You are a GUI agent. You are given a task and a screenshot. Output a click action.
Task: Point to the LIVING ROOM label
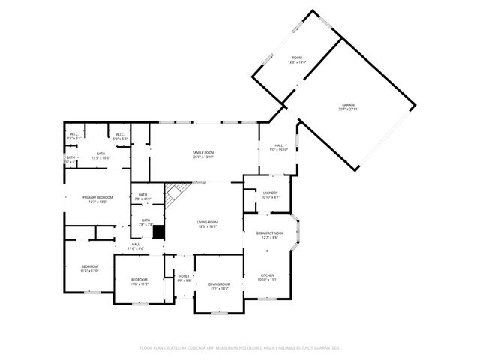(x=207, y=223)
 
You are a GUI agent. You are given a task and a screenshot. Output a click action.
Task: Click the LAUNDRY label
(x=271, y=195)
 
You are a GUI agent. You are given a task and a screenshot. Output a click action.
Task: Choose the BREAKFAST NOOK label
(x=270, y=235)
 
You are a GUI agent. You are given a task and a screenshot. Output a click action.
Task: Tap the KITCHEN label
(x=268, y=277)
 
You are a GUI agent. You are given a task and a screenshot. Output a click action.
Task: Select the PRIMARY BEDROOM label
(x=97, y=199)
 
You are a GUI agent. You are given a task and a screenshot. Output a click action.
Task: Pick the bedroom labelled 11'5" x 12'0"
(x=90, y=268)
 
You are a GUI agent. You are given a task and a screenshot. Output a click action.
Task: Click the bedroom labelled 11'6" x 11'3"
(x=139, y=282)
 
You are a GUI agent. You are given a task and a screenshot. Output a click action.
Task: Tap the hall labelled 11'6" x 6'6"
(x=136, y=245)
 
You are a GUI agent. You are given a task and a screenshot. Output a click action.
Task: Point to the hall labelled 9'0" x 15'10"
(x=278, y=147)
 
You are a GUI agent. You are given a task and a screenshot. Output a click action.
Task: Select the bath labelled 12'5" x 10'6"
(x=100, y=155)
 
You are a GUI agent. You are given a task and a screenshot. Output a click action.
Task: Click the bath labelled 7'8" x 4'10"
(x=143, y=197)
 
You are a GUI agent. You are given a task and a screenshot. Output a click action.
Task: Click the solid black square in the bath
(x=158, y=231)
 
